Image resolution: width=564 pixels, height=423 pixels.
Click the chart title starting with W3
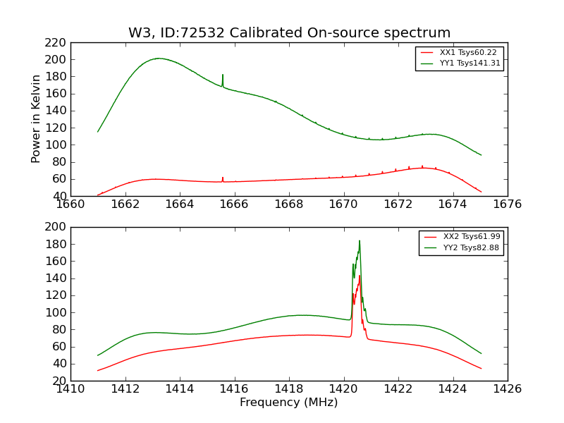[x=289, y=33]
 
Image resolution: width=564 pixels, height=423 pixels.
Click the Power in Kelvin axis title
[x=36, y=119]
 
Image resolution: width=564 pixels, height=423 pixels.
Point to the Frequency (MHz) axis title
[x=288, y=403]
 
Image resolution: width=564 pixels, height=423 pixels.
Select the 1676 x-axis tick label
[x=507, y=204]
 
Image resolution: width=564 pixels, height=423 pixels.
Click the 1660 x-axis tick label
[x=70, y=204]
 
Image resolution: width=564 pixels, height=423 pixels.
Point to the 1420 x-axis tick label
[x=343, y=389]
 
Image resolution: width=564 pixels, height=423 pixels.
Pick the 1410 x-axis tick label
[x=70, y=389]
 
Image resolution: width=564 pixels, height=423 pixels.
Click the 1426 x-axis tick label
[x=507, y=389]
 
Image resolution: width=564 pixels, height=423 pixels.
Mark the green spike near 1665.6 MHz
[x=223, y=75]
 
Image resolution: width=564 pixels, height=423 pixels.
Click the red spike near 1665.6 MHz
[x=223, y=178]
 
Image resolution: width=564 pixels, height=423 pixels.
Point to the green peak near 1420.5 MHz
[x=359, y=241]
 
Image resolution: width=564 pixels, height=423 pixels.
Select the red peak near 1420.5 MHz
[x=360, y=276]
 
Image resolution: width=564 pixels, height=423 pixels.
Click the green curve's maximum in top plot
[x=158, y=59]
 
